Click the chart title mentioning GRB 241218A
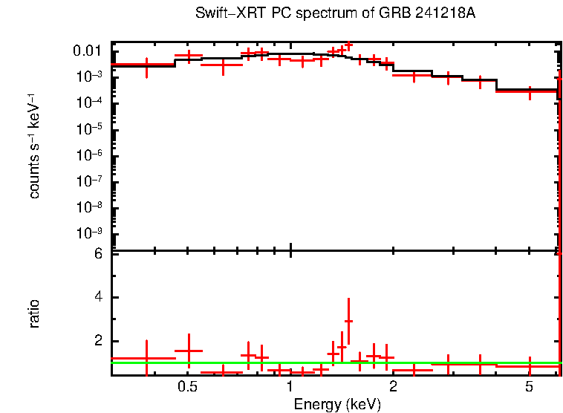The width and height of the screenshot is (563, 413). [x=335, y=14]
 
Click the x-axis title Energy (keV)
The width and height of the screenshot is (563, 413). [x=337, y=405]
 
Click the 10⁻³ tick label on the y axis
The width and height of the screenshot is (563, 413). [x=88, y=76]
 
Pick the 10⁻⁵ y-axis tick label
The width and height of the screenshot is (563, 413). [x=88, y=128]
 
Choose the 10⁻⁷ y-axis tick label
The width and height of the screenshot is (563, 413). [x=88, y=181]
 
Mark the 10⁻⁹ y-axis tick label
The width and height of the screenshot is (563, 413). [x=88, y=232]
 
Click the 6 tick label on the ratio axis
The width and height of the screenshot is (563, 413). [x=97, y=253]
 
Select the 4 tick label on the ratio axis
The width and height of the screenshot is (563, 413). [x=97, y=297]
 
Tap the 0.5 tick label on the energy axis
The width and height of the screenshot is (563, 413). [x=187, y=387]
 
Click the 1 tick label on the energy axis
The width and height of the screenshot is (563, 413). [x=290, y=387]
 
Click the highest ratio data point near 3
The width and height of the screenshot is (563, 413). [x=348, y=321]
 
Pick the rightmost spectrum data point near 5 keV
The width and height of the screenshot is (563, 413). [x=530, y=91]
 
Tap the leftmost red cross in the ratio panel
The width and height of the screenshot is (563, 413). [x=146, y=358]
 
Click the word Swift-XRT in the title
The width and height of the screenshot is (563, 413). [x=226, y=14]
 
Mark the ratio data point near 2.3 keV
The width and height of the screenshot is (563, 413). [x=413, y=369]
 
